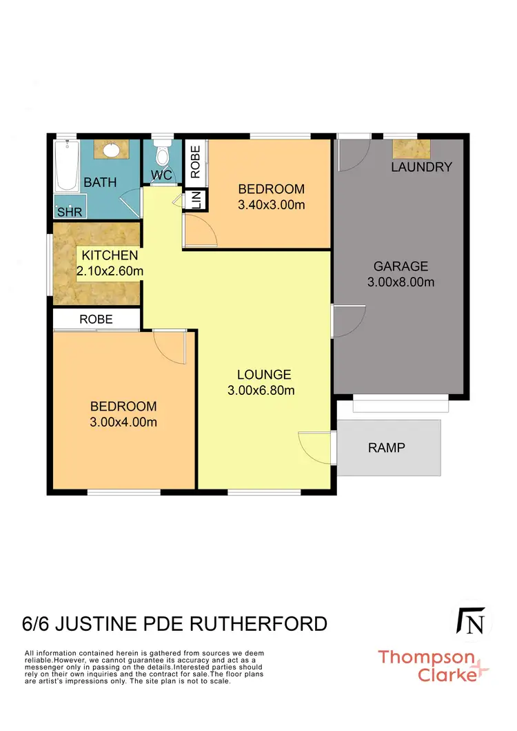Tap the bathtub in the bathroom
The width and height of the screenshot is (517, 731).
[x=67, y=165]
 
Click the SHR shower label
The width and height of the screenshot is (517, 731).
[x=70, y=212]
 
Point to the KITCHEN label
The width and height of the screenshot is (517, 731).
[x=110, y=256]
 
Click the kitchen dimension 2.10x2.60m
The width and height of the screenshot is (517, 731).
[x=110, y=271]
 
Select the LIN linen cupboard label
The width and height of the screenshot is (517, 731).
[x=196, y=200]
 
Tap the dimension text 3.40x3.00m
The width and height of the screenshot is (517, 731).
[x=271, y=204]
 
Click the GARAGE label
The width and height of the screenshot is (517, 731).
[x=401, y=266]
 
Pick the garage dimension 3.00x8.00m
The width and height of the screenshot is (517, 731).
[x=401, y=282]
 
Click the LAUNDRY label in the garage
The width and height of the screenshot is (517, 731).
[x=421, y=167]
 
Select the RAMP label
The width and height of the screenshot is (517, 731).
[x=386, y=447]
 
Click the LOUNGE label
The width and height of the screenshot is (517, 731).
[x=264, y=375]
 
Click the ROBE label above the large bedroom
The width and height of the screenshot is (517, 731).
[x=97, y=320]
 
